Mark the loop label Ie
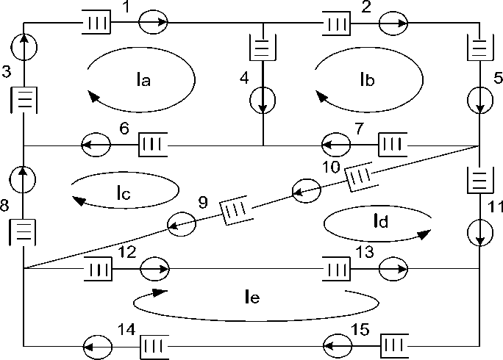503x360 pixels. coord(254,297)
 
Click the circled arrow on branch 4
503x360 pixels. coord(263,98)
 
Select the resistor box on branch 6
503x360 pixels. coord(153,145)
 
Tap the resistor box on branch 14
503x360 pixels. coord(154,345)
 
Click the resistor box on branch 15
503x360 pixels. coord(394,345)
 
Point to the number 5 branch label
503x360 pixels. coord(496,76)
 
